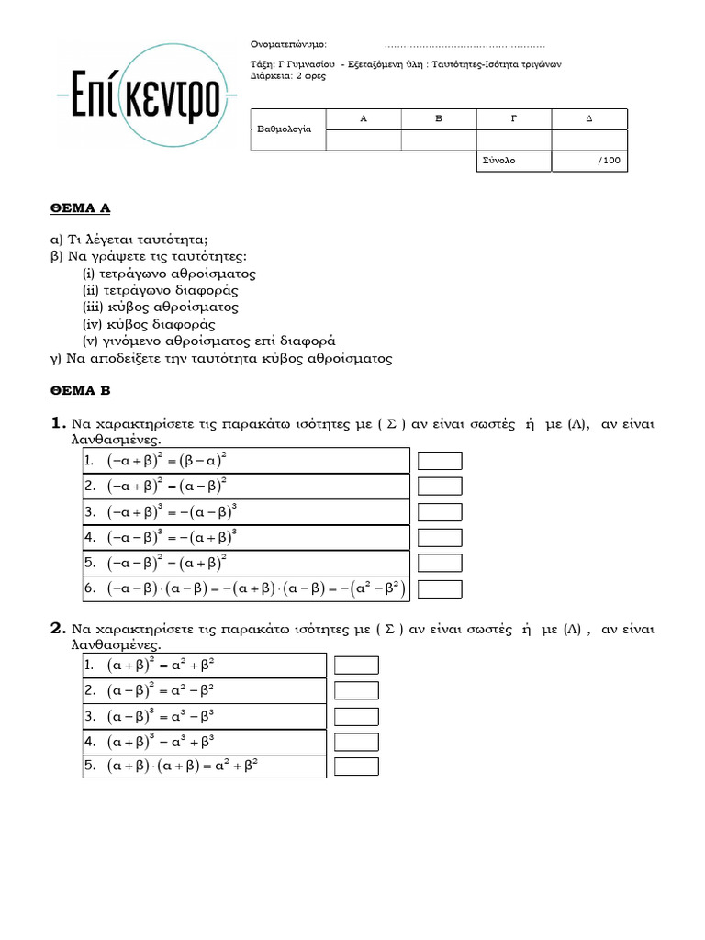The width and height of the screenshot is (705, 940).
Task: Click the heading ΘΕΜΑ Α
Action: (x=80, y=208)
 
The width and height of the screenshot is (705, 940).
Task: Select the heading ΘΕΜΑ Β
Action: (x=80, y=391)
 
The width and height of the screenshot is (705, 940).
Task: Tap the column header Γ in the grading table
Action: (x=513, y=119)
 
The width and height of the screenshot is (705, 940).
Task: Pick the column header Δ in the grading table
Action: (x=588, y=119)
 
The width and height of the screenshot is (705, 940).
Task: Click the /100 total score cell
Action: (x=589, y=161)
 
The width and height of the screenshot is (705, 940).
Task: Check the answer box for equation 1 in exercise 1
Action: (x=440, y=460)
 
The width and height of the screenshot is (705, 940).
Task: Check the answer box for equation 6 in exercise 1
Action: (x=440, y=588)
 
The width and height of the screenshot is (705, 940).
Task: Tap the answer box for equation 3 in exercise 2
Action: (x=356, y=715)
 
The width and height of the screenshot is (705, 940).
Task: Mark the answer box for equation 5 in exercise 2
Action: (x=356, y=766)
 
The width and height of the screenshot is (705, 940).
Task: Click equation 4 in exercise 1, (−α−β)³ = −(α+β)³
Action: (x=174, y=537)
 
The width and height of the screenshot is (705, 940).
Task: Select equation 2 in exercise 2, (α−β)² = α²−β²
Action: (x=162, y=689)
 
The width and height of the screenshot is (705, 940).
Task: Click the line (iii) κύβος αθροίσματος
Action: (x=161, y=308)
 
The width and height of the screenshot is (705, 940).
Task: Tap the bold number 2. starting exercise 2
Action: (x=58, y=629)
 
